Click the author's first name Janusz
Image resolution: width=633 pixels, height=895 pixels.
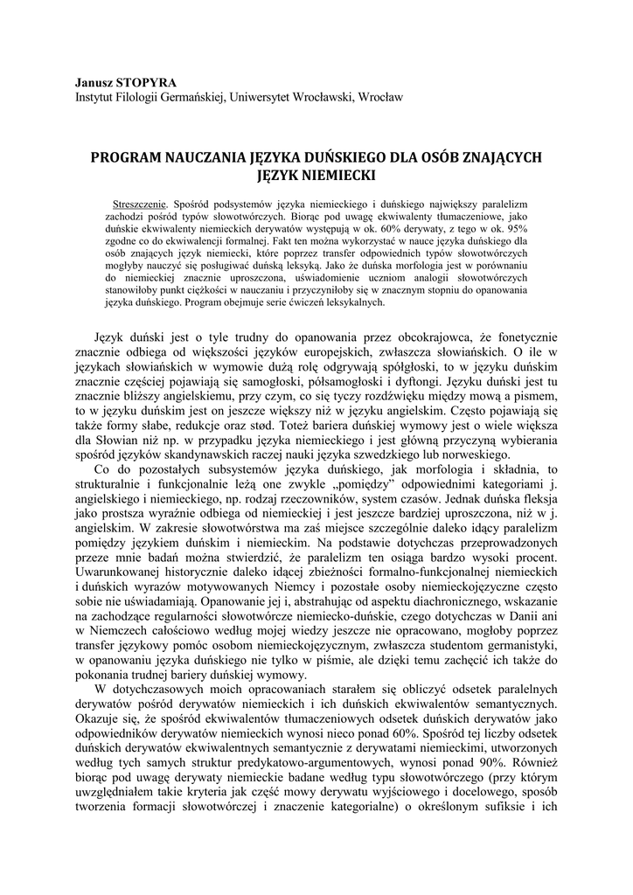click(95, 80)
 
